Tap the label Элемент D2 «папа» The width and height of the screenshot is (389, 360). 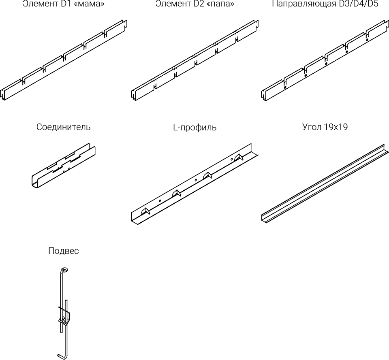tap(194, 4)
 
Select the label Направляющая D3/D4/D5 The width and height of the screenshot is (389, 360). tap(325, 4)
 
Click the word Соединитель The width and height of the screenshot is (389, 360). tap(64, 127)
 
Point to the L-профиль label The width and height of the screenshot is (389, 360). tap(194, 128)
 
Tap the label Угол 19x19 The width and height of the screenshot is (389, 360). tap(325, 127)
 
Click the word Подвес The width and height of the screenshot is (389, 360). tap(64, 251)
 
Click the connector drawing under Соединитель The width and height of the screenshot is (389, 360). tap(64, 166)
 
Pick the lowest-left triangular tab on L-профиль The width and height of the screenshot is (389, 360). tap(145, 211)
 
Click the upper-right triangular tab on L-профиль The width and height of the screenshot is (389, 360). tap(239, 156)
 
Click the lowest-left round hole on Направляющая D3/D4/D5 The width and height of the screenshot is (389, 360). tap(285, 87)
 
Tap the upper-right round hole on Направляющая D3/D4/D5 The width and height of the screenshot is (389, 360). tap(367, 40)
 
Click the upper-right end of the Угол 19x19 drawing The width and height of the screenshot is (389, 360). tap(383, 147)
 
